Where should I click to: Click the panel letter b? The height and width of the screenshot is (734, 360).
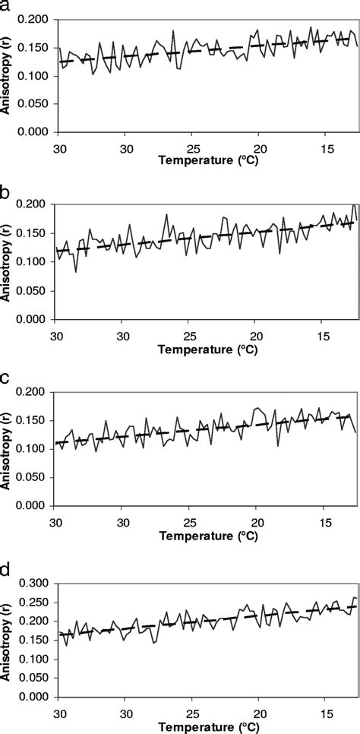point(6,192)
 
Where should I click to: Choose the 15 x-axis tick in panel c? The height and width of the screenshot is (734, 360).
point(326,520)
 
